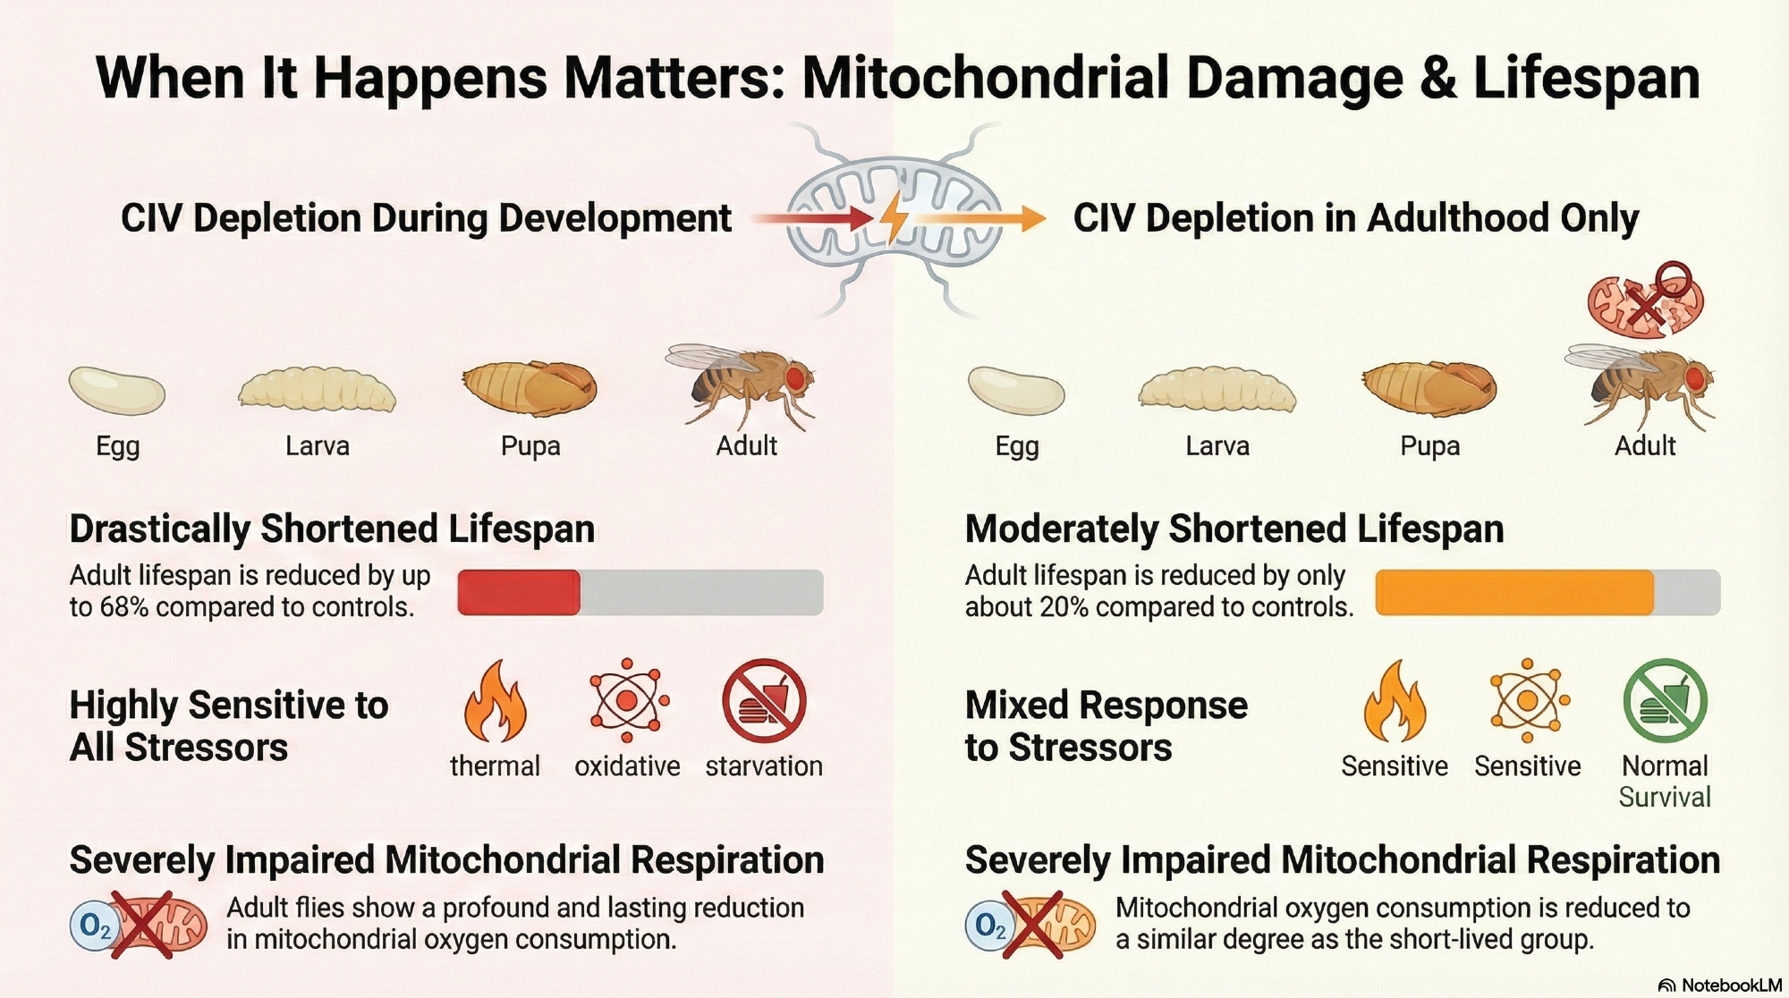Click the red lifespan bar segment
(x=519, y=592)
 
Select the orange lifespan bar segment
(x=1513, y=592)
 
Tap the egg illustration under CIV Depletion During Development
(x=117, y=391)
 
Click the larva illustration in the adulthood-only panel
(x=1217, y=390)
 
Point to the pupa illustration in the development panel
(x=530, y=388)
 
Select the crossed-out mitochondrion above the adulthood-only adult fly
(x=1644, y=302)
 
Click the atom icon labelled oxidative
(x=628, y=700)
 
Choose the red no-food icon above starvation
(x=764, y=702)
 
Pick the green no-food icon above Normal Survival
(x=1665, y=702)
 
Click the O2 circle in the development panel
(x=95, y=926)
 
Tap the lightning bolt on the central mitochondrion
(x=894, y=217)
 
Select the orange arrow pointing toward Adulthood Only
(x=984, y=217)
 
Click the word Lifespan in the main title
(x=1585, y=79)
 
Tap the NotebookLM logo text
(x=1731, y=985)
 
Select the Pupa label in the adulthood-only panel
(x=1429, y=445)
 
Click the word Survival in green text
(x=1665, y=797)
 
